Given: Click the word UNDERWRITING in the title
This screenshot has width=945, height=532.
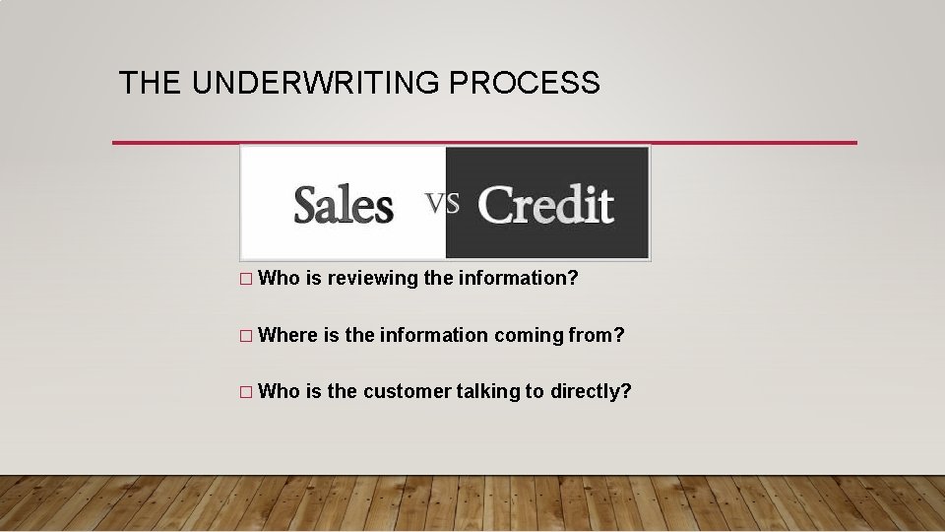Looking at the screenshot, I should (316, 83).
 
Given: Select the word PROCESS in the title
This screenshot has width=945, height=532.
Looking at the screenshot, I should (524, 83).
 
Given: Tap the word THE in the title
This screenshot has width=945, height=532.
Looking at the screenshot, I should (151, 83).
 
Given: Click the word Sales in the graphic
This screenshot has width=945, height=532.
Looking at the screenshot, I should (344, 205).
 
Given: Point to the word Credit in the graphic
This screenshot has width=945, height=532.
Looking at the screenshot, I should (545, 204).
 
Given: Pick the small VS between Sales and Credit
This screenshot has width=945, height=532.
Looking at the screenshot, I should (442, 202).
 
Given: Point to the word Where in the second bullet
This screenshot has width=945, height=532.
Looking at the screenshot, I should (287, 335).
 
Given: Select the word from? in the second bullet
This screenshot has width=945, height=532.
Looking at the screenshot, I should (597, 335).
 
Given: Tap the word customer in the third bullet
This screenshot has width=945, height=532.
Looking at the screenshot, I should (407, 391).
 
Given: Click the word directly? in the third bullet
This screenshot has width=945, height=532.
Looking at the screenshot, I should (590, 392).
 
